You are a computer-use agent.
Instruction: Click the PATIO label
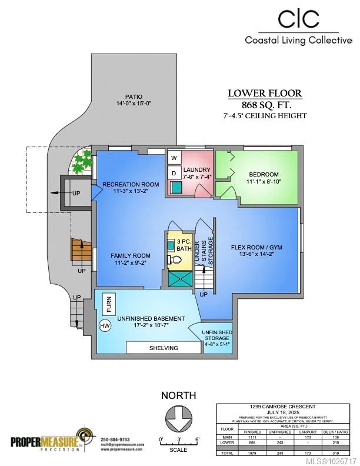[x=134, y=96]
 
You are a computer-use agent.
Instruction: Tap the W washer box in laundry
[x=174, y=158]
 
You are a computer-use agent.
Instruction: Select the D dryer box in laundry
[x=174, y=173]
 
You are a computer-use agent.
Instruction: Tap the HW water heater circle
[x=105, y=325]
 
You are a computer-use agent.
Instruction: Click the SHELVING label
[x=163, y=348]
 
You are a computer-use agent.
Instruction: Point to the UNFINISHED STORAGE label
[x=216, y=335]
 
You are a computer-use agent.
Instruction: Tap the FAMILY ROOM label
[x=131, y=255]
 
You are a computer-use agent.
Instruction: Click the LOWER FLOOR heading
[x=265, y=93]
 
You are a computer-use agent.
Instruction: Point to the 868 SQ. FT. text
[x=265, y=104]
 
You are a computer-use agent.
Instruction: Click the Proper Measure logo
[x=47, y=441]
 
